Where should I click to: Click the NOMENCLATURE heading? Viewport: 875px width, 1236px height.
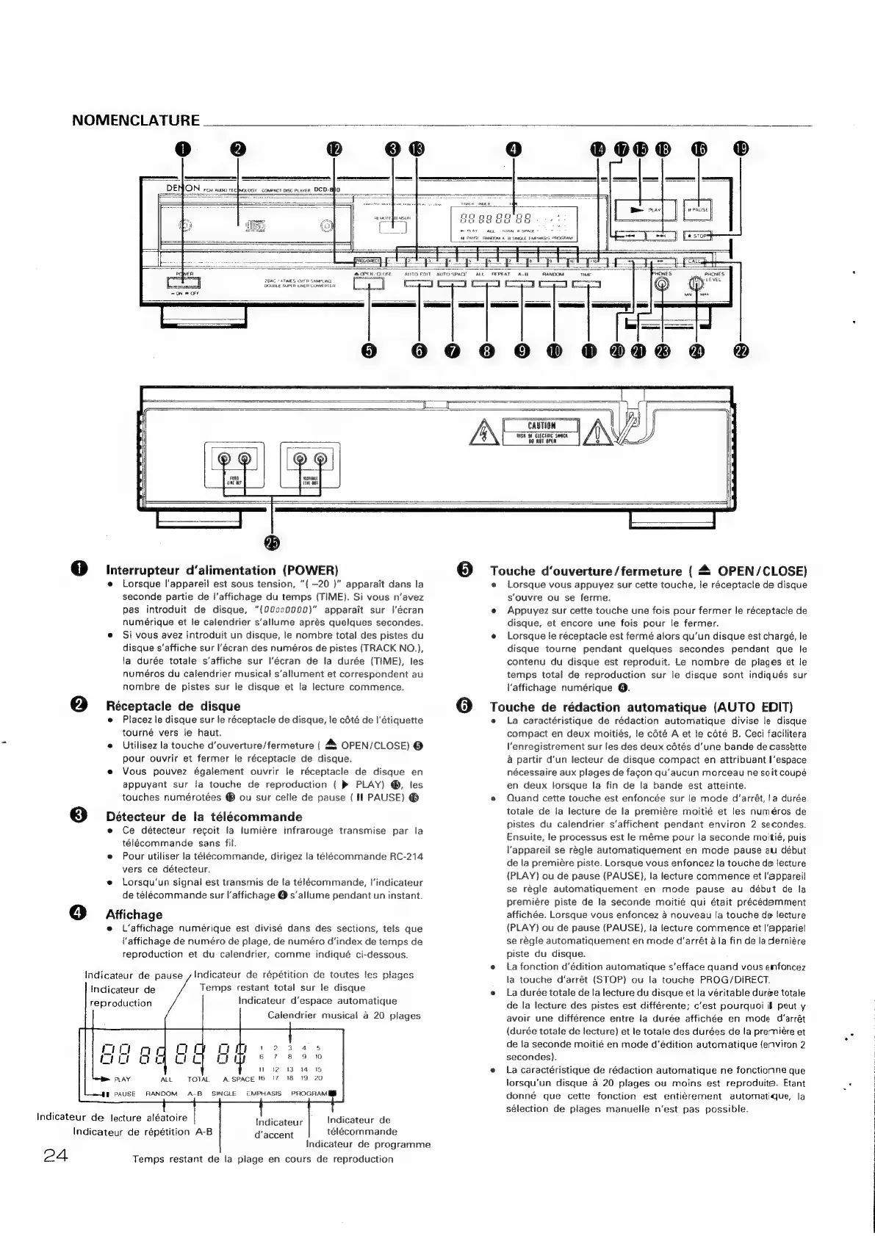(136, 120)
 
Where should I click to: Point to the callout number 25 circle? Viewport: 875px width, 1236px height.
(273, 543)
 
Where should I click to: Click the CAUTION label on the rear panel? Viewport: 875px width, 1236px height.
(541, 426)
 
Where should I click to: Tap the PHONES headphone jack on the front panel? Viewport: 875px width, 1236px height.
(663, 286)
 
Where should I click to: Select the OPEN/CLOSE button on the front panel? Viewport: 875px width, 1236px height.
(369, 284)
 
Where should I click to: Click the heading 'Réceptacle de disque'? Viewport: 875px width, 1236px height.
(173, 706)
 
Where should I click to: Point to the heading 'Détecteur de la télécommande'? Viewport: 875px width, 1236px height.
(204, 817)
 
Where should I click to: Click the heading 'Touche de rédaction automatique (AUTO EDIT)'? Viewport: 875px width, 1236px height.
(641, 707)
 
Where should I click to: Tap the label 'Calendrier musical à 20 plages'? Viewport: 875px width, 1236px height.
(344, 1016)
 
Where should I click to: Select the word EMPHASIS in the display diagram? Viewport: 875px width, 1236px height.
(264, 1094)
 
